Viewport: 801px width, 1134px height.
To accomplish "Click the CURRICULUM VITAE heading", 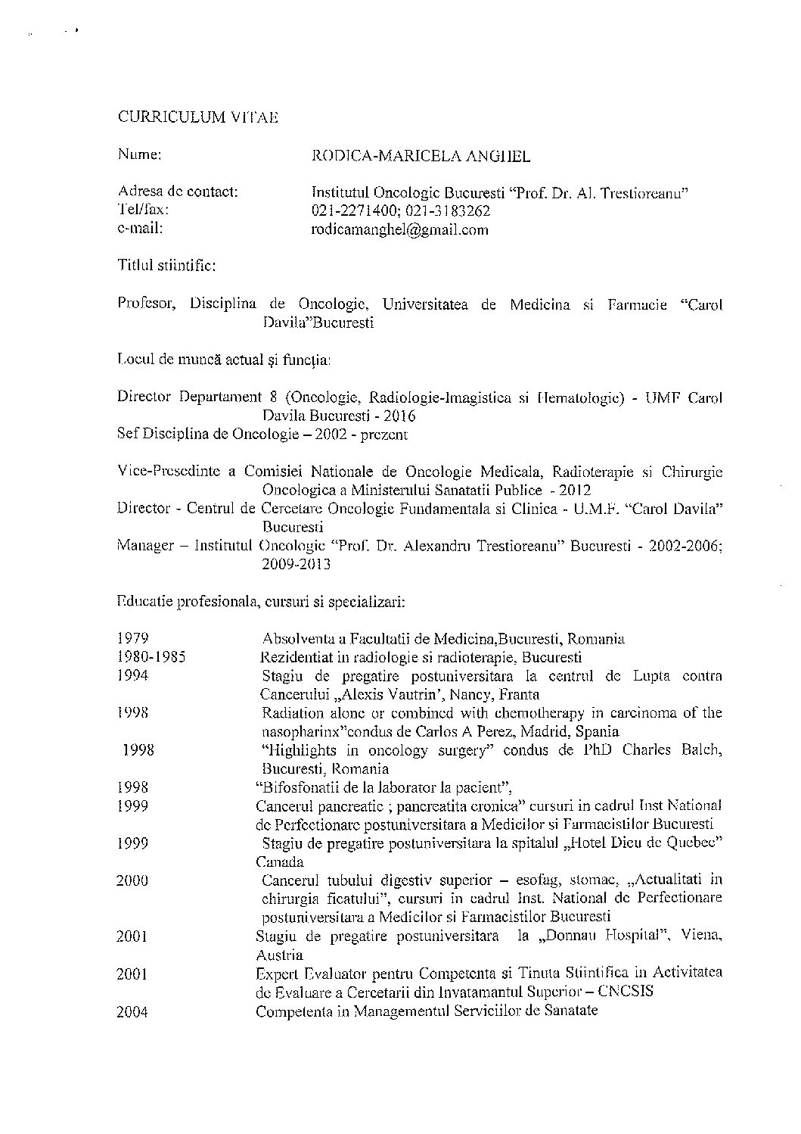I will coord(197,117).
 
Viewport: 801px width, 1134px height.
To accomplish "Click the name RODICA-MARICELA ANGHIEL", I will coord(421,157).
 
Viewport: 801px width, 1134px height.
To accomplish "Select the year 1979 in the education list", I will coord(132,638).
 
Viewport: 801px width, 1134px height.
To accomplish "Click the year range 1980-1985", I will coord(152,656).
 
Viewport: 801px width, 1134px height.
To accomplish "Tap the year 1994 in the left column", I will coord(132,675).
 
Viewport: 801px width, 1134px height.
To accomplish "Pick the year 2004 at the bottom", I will coord(132,1011).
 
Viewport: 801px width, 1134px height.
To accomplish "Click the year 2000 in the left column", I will coord(132,880).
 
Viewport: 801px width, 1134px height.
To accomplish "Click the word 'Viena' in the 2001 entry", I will coord(701,936).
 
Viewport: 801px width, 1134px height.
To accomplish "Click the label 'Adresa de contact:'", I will coord(179,192).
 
